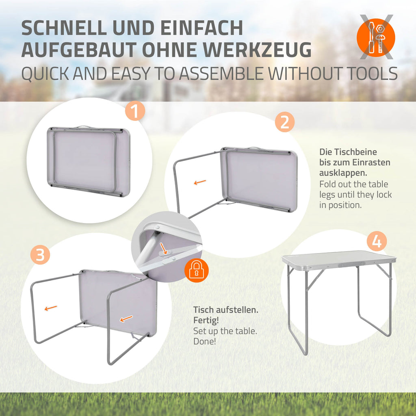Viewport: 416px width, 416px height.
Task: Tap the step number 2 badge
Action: [x=285, y=122]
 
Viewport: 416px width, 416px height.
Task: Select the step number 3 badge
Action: [x=40, y=255]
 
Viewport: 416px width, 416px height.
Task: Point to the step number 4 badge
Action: [x=377, y=241]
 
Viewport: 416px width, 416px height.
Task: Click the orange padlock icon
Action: [x=196, y=270]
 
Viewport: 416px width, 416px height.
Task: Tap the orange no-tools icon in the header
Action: [x=376, y=37]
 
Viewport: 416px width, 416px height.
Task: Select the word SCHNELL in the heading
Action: [x=64, y=28]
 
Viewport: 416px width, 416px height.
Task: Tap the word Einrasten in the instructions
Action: [x=371, y=162]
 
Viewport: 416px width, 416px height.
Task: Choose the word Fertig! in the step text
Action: [x=206, y=321]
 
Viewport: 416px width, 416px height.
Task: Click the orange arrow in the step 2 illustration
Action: [x=200, y=182]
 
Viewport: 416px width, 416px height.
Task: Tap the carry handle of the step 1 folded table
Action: [x=83, y=127]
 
